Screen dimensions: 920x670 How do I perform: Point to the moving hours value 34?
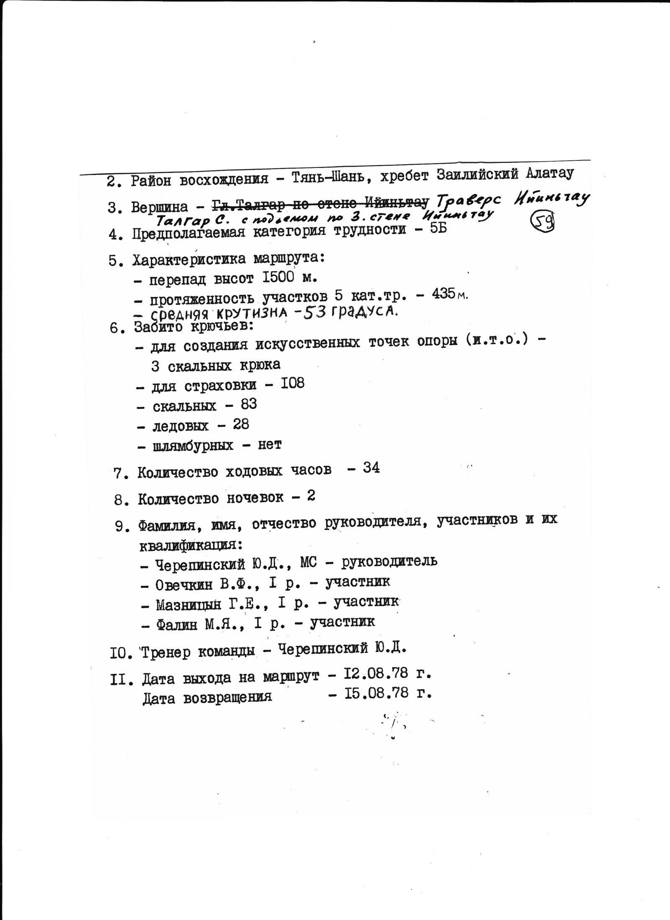(x=371, y=468)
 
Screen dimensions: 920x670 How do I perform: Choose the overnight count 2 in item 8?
(x=311, y=496)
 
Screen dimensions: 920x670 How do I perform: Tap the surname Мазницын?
(x=188, y=605)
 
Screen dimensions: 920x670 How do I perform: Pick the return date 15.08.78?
(x=376, y=693)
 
